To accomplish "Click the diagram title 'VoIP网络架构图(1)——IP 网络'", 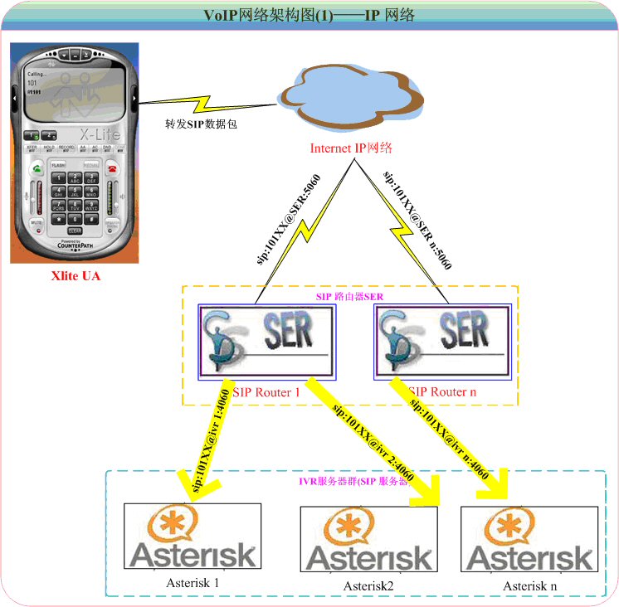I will pyautogui.click(x=309, y=16).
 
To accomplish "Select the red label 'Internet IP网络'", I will pyautogui.click(x=350, y=148).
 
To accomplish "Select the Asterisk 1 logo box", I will pyautogui.click(x=192, y=535).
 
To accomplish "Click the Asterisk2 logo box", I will pyautogui.click(x=368, y=538).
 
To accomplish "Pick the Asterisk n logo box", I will pyautogui.click(x=531, y=538).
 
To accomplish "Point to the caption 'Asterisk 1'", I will pyautogui.click(x=192, y=582).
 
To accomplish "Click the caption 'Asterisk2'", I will pyautogui.click(x=368, y=586).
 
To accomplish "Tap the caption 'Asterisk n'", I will pyautogui.click(x=530, y=586).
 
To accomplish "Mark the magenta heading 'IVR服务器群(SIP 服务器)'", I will pyautogui.click(x=354, y=481).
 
